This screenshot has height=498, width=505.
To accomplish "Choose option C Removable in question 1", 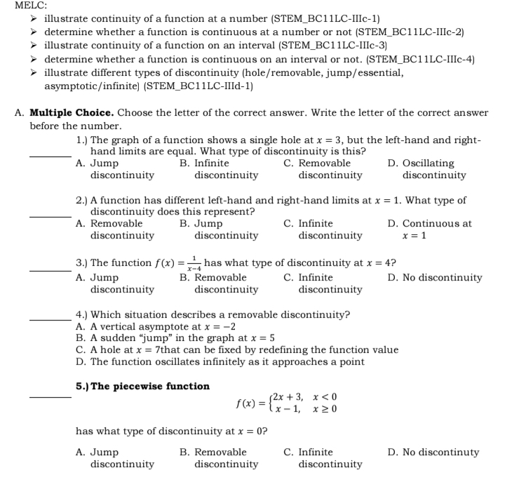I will tap(325, 169).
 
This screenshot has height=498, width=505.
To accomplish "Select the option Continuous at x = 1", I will tap(437, 229).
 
